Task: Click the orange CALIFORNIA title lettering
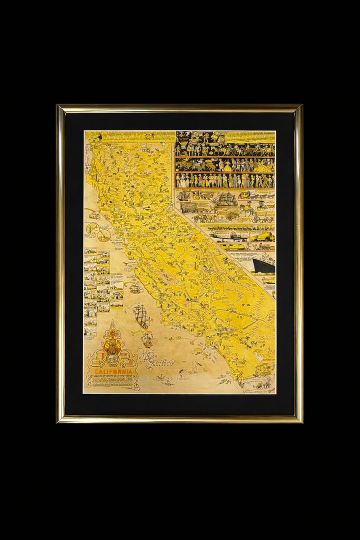[x=112, y=372]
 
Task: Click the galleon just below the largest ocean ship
[x=147, y=338]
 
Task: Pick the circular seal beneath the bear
[x=112, y=360]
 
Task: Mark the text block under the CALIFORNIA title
[x=112, y=382]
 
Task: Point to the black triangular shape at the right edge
[x=264, y=266]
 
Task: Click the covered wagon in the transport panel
[x=188, y=207]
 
